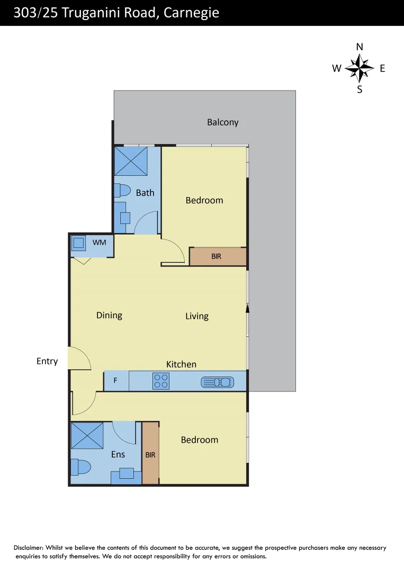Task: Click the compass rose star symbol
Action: click(x=360, y=68)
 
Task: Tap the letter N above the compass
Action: click(x=360, y=47)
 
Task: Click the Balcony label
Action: click(x=222, y=122)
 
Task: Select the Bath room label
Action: click(x=145, y=193)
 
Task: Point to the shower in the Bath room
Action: click(x=131, y=161)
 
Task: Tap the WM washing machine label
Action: click(x=99, y=242)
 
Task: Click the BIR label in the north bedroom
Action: click(x=216, y=256)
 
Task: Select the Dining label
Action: click(x=109, y=315)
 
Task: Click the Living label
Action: click(x=197, y=316)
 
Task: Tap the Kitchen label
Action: click(x=181, y=364)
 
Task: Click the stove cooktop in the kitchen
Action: click(x=161, y=381)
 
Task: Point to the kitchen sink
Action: click(x=217, y=381)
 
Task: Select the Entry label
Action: click(x=47, y=361)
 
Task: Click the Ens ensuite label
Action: click(x=118, y=454)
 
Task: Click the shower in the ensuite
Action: click(x=87, y=435)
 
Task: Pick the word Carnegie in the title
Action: click(x=191, y=13)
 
